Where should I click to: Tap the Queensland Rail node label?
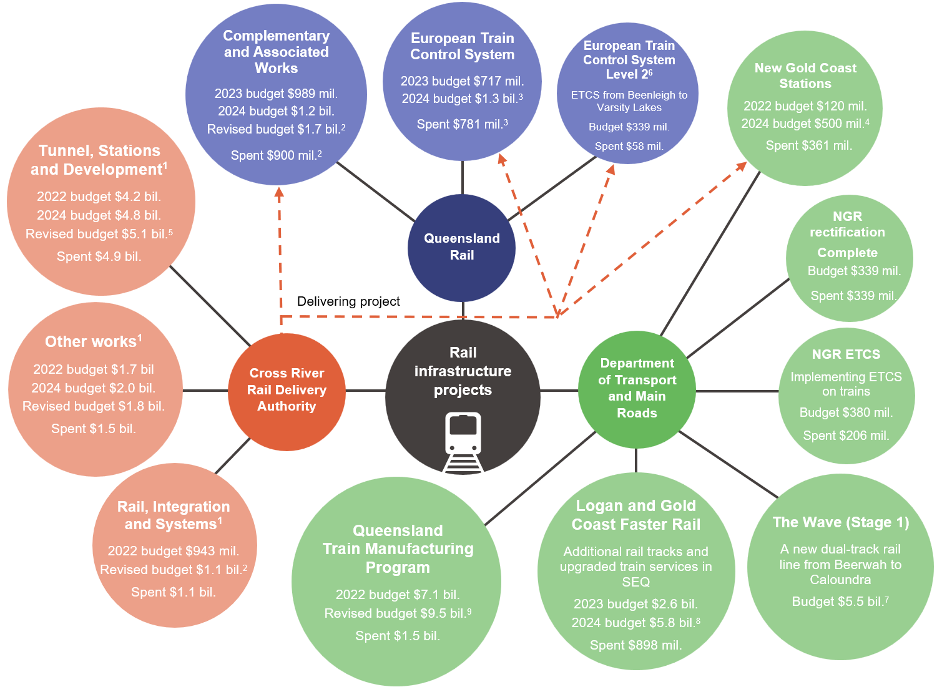pos(462,246)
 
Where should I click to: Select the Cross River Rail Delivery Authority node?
pos(287,390)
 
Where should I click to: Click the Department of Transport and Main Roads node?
pos(637,388)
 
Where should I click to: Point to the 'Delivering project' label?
pos(348,301)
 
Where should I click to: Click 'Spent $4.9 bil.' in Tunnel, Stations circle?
pos(99,256)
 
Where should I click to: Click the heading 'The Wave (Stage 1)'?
pos(840,522)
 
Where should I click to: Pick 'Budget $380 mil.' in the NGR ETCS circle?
pos(846,412)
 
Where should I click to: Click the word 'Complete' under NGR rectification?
pos(847,253)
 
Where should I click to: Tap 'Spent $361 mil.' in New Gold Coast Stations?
pos(808,145)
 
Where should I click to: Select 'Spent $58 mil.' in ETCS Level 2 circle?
pos(629,146)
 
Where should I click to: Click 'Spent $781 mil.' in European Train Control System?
pos(462,124)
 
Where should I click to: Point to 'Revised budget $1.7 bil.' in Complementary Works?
pos(275,129)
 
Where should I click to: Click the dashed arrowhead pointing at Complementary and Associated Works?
pos(279,193)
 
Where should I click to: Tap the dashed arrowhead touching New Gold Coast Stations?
pos(741,166)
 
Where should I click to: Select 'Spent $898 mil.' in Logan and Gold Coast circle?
pos(635,645)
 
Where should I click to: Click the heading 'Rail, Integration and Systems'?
pos(174,515)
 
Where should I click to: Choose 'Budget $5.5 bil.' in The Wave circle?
pos(840,602)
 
